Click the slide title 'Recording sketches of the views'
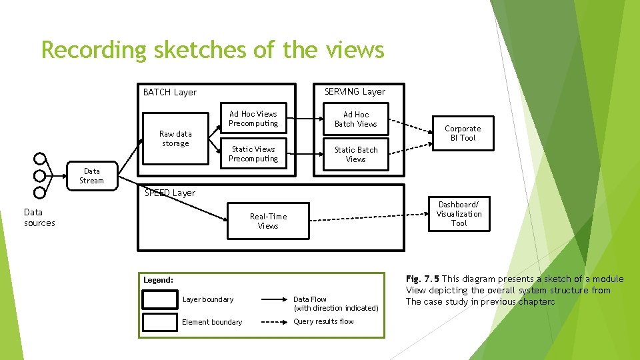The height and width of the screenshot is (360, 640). [x=213, y=50]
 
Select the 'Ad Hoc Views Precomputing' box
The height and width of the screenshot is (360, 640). [x=253, y=119]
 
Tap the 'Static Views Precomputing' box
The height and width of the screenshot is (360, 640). [x=253, y=154]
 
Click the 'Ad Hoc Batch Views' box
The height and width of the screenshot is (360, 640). [x=355, y=119]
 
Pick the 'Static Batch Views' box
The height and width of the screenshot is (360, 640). [x=355, y=155]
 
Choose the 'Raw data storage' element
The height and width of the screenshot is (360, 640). [x=175, y=139]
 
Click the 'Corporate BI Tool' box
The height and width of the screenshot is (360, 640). [x=463, y=133]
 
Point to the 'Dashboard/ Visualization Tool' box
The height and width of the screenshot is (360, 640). [x=459, y=213]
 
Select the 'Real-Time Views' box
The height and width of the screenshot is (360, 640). [x=268, y=221]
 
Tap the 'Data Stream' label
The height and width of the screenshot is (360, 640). [x=91, y=176]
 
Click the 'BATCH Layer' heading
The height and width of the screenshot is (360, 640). [x=170, y=92]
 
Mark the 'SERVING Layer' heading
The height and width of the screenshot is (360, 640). [x=355, y=91]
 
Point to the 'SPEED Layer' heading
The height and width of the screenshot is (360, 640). [x=170, y=193]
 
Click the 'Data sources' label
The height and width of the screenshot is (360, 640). [x=39, y=217]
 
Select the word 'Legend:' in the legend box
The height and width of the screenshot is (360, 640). [x=158, y=280]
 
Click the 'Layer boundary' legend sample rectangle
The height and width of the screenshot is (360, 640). [x=160, y=299]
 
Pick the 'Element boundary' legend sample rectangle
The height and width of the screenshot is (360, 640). [x=160, y=322]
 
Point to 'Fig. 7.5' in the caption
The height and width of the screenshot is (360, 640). [x=423, y=279]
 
